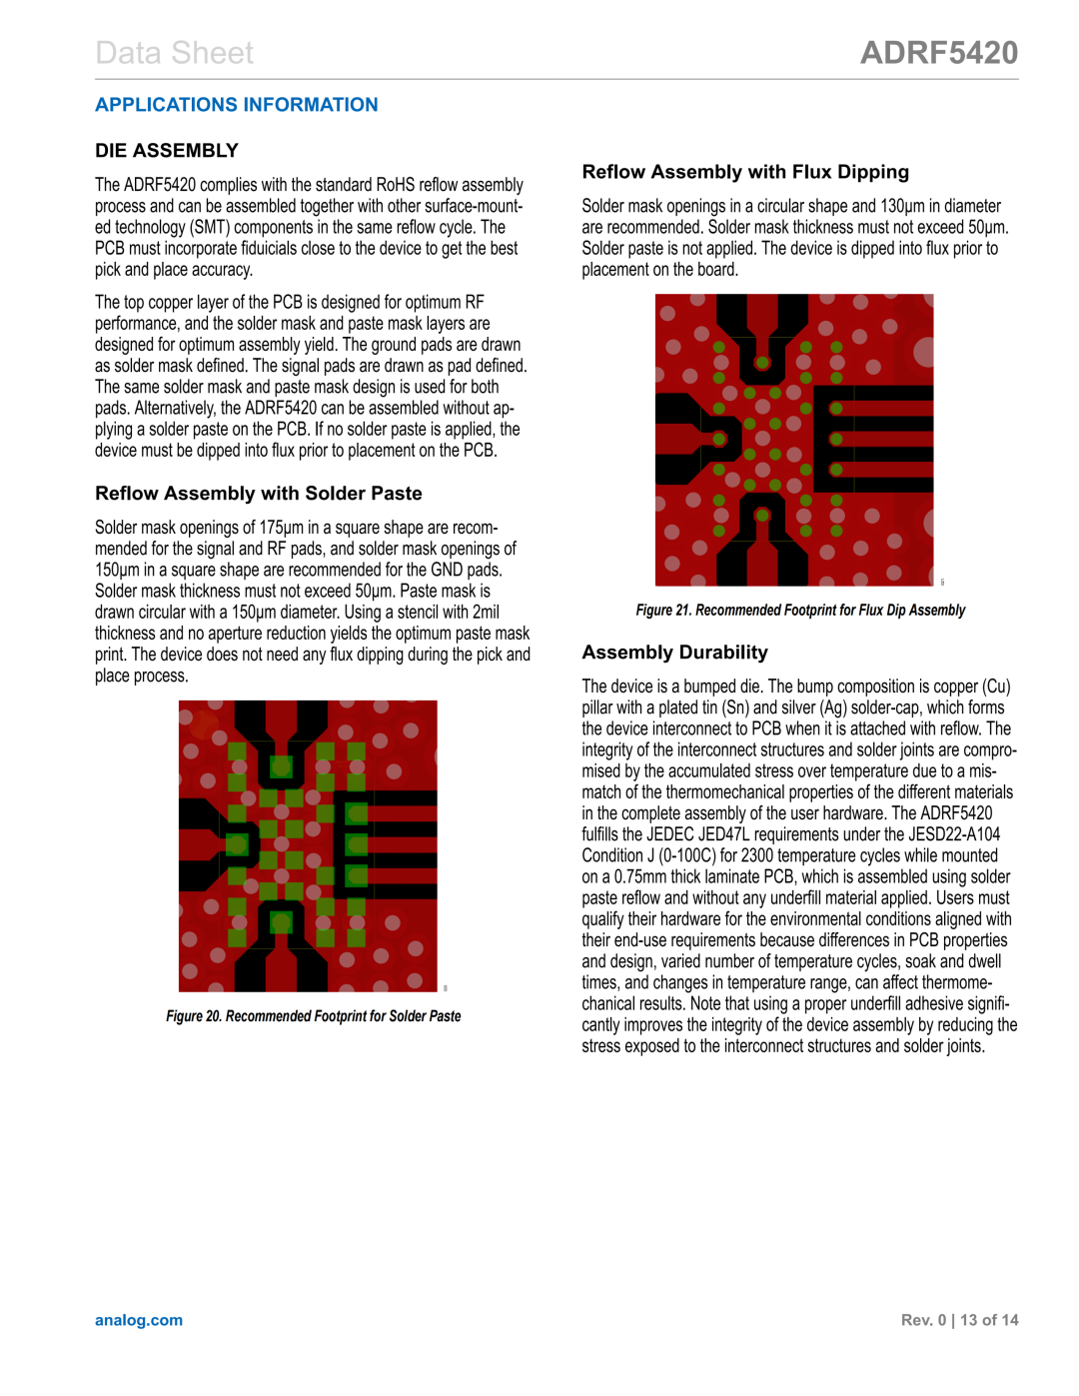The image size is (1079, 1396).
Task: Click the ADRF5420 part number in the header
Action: tap(939, 53)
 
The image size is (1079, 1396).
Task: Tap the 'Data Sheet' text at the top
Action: tap(174, 53)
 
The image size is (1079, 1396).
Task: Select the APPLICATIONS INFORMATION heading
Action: tap(236, 105)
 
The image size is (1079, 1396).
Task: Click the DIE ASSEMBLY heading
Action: tap(167, 151)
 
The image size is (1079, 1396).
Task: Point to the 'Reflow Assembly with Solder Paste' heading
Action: tap(258, 494)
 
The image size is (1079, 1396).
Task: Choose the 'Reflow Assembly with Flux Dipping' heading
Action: tap(745, 172)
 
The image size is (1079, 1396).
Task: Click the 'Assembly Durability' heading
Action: tap(674, 653)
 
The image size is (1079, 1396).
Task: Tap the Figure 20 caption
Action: tap(313, 1016)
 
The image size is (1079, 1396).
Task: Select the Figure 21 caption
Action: tap(800, 611)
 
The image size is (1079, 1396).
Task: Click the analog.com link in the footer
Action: tap(139, 1320)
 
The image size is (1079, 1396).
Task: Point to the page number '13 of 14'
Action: tap(989, 1320)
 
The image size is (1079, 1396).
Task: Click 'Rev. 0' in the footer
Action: tap(923, 1320)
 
